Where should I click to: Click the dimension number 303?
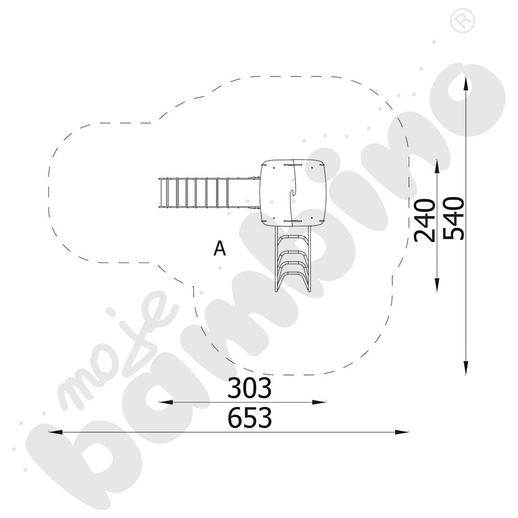[250, 388]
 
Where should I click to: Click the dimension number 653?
[250, 418]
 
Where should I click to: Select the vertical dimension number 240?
[425, 220]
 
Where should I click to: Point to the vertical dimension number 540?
[454, 219]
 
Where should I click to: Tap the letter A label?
[220, 249]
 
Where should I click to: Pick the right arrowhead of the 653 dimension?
[402, 432]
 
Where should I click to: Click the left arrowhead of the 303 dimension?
[166, 402]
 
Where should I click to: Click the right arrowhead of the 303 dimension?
[319, 402]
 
